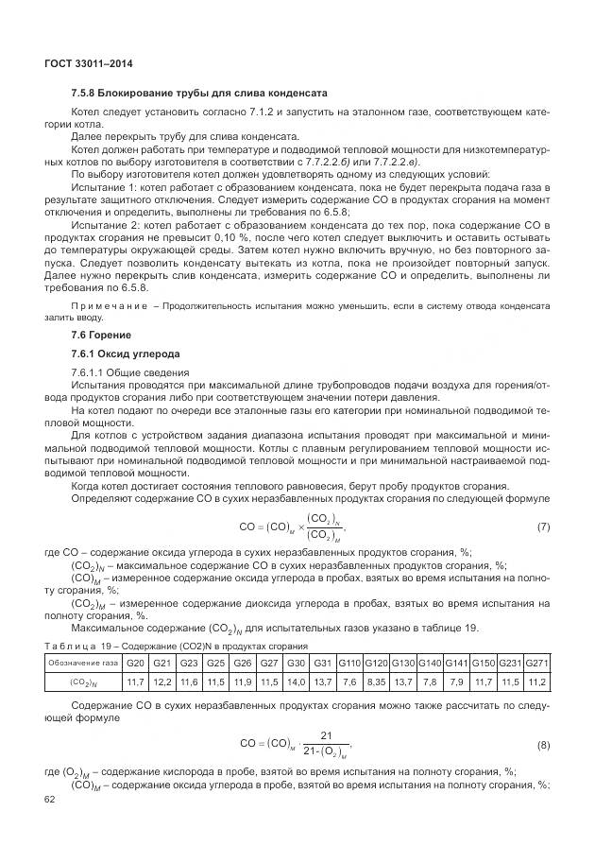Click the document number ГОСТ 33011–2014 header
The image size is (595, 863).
point(88,63)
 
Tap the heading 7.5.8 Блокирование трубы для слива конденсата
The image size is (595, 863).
point(198,95)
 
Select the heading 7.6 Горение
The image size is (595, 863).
point(102,336)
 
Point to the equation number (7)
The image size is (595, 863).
point(543,525)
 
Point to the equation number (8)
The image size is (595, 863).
point(543,745)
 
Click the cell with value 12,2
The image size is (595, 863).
point(161,681)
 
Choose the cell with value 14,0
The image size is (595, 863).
point(296,681)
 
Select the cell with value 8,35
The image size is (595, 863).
point(377,681)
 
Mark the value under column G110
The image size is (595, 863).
point(349,681)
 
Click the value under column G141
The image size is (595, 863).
point(456,681)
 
